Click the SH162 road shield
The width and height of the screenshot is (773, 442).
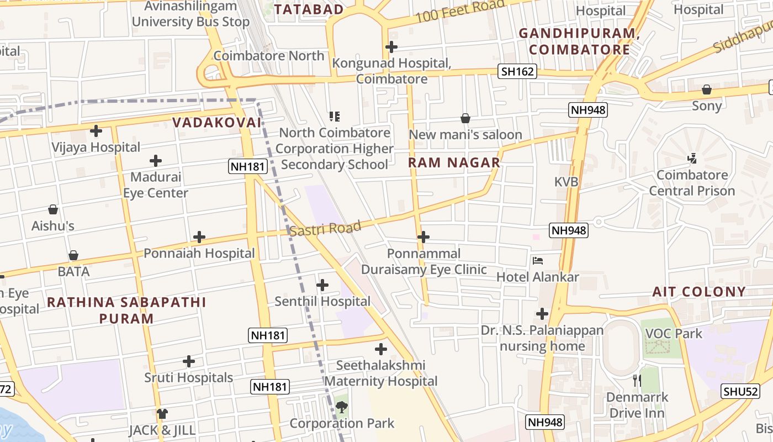tap(517, 71)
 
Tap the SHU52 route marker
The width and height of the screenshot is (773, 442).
tap(739, 391)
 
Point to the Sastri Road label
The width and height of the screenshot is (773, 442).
tap(325, 228)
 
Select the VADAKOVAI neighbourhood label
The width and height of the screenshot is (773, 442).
tap(216, 123)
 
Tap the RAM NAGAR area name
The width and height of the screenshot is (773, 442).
tap(454, 162)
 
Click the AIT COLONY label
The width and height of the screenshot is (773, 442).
tap(699, 292)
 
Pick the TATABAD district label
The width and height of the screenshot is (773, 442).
tap(309, 9)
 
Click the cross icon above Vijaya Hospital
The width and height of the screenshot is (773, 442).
tap(96, 131)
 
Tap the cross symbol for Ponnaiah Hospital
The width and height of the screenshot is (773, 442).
tap(199, 238)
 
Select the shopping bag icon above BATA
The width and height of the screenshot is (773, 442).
tap(73, 255)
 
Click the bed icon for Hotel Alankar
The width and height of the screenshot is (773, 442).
tap(538, 261)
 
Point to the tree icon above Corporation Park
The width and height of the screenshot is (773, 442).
tap(342, 408)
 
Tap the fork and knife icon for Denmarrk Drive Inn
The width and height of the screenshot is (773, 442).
tap(637, 381)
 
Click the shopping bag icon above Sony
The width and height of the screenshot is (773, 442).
tap(707, 90)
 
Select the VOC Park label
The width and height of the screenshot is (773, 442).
tap(674, 333)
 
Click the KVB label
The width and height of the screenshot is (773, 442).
tap(566, 181)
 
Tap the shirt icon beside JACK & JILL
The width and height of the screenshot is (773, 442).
tap(162, 414)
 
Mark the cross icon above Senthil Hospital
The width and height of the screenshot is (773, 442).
tap(322, 285)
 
